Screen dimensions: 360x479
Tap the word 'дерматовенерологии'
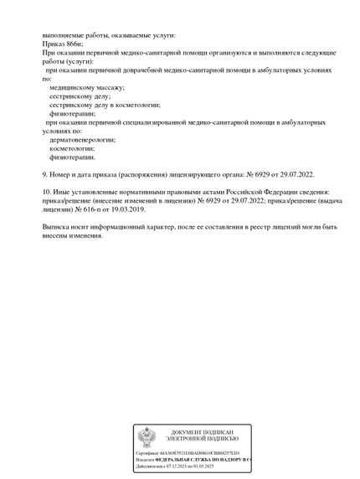pyautogui.click(x=83, y=140)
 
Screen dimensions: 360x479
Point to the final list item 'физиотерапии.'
pyautogui.click(x=72, y=157)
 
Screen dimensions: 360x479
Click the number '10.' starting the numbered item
pyautogui.click(x=47, y=192)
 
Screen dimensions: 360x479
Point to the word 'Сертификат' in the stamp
pyautogui.click(x=147, y=453)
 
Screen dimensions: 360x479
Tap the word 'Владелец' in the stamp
pyautogui.click(x=146, y=460)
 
